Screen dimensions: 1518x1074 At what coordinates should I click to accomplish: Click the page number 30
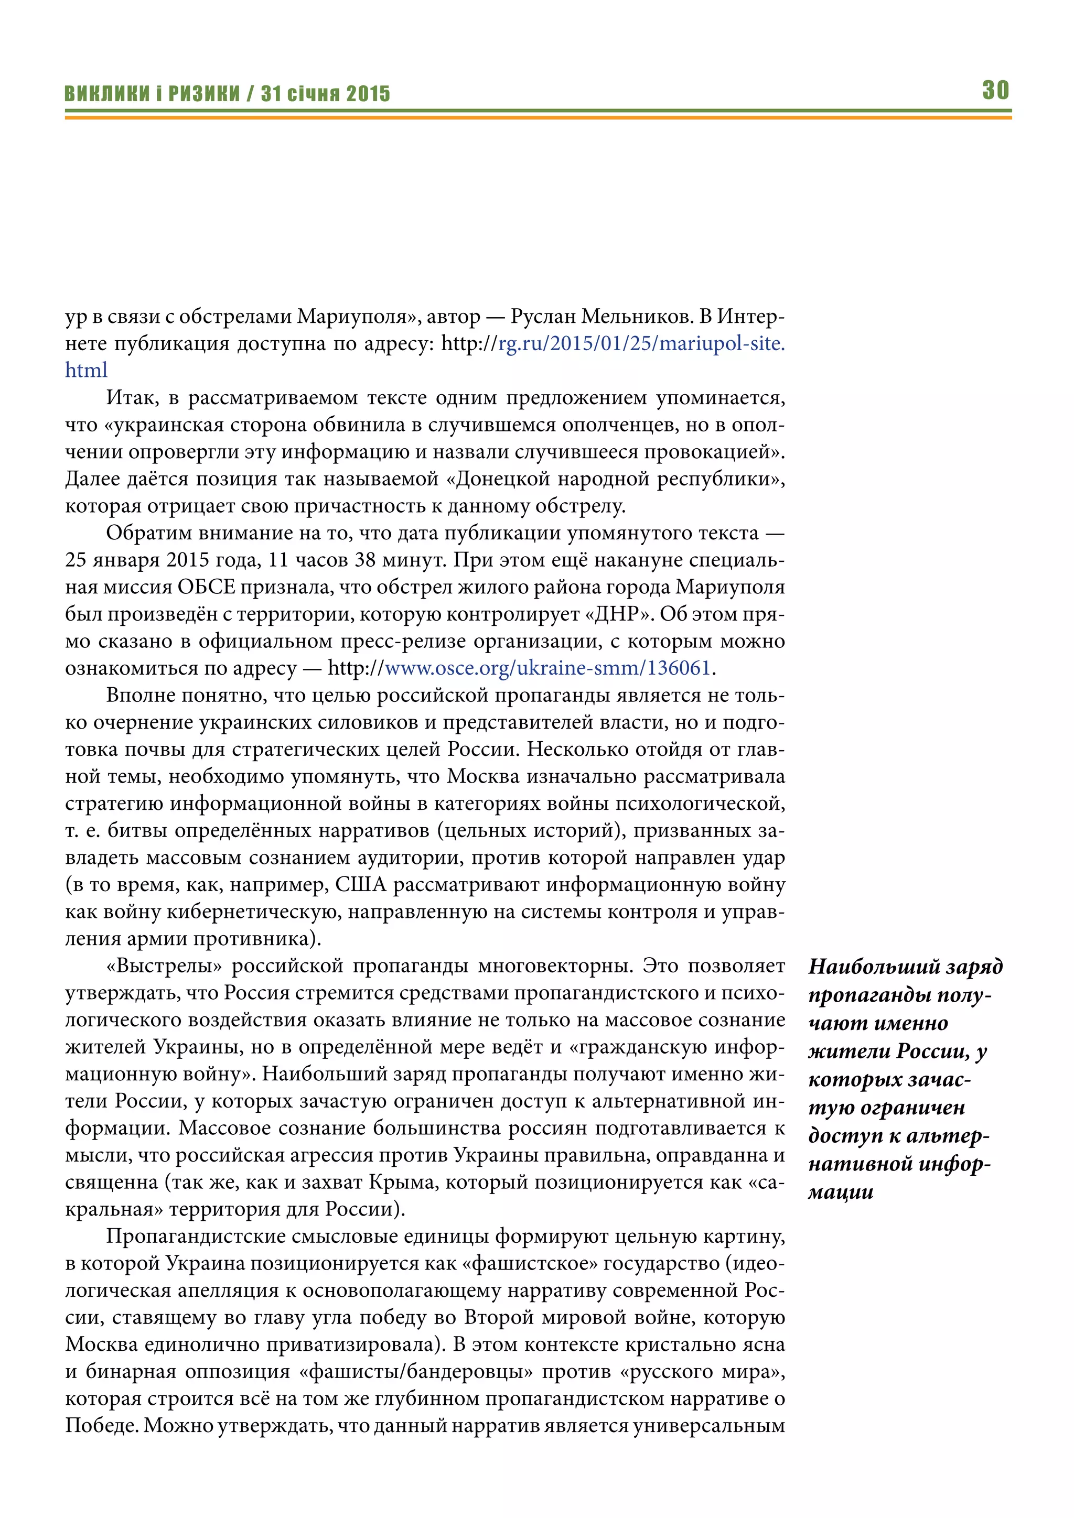pyautogui.click(x=995, y=90)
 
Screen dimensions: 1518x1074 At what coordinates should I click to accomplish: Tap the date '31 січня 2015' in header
pyautogui.click(x=325, y=94)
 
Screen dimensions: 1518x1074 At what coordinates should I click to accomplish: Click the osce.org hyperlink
pyautogui.click(x=547, y=668)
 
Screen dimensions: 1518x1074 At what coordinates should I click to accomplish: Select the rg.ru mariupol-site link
pyautogui.click(x=641, y=344)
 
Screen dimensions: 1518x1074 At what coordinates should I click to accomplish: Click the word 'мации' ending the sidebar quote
pyautogui.click(x=841, y=1192)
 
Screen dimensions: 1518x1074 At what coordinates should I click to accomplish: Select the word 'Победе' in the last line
pyautogui.click(x=101, y=1426)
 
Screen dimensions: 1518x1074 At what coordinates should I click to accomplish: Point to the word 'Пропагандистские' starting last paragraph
pyautogui.click(x=195, y=1237)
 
